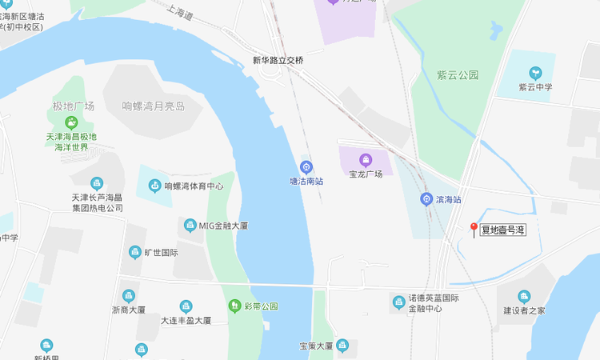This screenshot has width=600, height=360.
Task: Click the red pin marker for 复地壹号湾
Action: click(x=474, y=230)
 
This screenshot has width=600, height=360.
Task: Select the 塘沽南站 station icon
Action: click(x=306, y=166)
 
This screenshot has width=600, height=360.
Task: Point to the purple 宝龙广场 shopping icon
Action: click(x=366, y=159)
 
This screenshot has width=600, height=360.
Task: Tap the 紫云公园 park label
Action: click(x=458, y=75)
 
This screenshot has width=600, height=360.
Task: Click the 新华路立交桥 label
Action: click(x=278, y=60)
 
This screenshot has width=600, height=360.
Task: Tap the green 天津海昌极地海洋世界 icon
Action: click(x=72, y=122)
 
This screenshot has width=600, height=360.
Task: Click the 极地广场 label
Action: click(x=74, y=106)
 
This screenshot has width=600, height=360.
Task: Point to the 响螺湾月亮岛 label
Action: click(x=153, y=106)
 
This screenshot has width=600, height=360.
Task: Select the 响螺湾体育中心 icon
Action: click(x=154, y=186)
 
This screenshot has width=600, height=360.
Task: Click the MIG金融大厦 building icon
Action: click(x=190, y=226)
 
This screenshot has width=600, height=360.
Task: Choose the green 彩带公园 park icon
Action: click(x=234, y=306)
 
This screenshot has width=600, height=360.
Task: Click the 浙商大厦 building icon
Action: click(x=129, y=296)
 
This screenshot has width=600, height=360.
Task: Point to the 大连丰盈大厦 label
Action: click(x=186, y=321)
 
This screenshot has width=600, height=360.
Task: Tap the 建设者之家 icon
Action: click(x=524, y=297)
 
